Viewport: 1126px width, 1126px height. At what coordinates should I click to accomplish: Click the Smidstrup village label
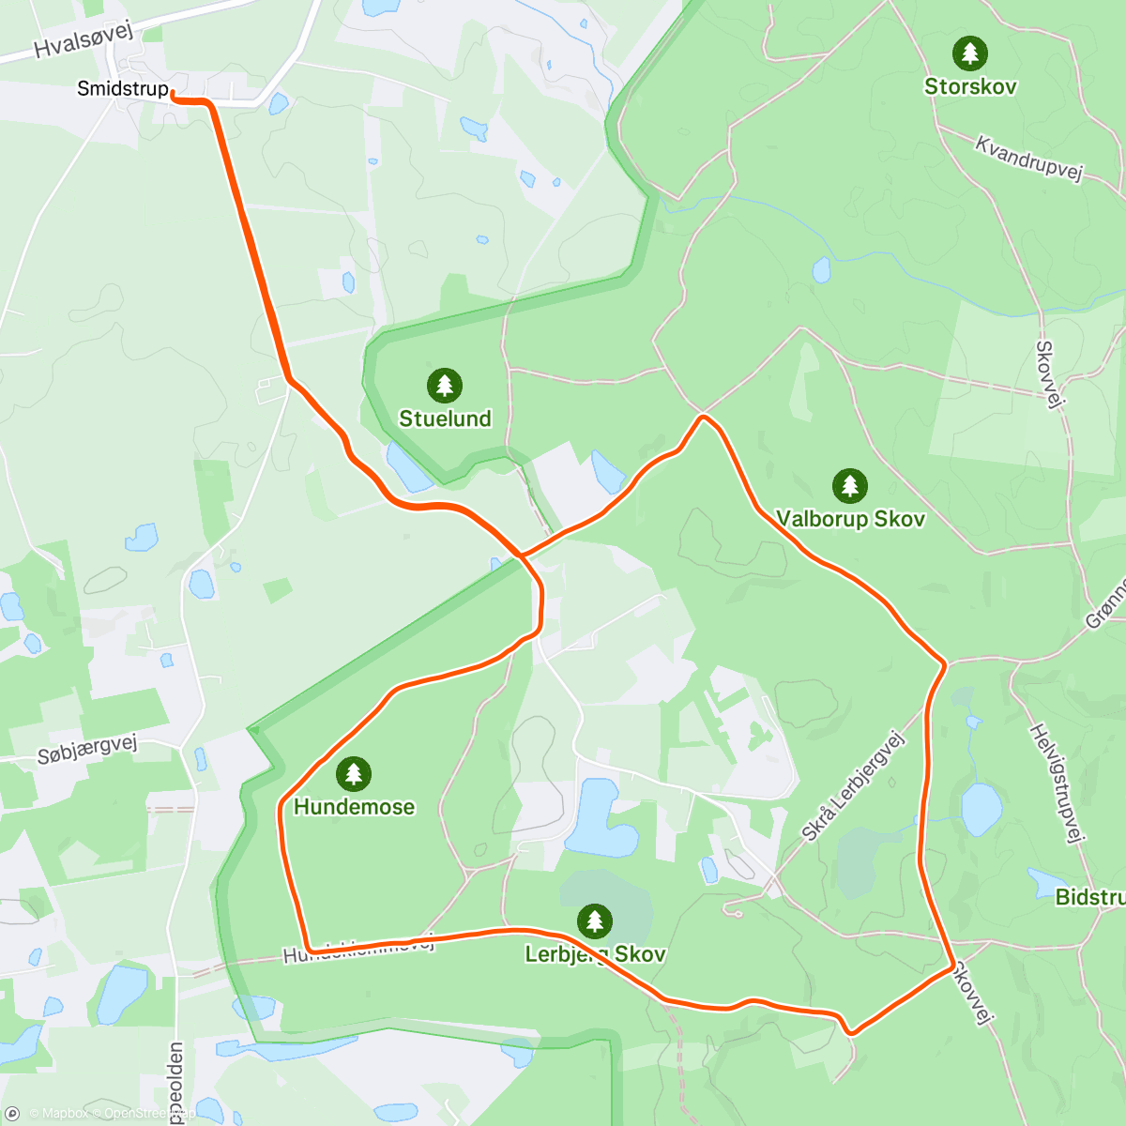pyautogui.click(x=123, y=89)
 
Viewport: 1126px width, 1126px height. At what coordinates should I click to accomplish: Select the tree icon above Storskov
pyautogui.click(x=969, y=53)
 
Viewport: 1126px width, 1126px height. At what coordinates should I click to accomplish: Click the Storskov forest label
pyautogui.click(x=970, y=86)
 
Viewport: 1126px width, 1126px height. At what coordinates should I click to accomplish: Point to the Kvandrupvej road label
pyautogui.click(x=1028, y=158)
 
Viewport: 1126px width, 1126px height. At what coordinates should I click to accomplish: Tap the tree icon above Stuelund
pyautogui.click(x=445, y=386)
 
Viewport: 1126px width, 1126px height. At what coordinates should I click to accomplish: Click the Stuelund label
pyautogui.click(x=445, y=418)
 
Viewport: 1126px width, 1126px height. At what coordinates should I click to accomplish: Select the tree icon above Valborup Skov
pyautogui.click(x=849, y=486)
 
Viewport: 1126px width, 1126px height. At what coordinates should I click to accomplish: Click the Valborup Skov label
pyautogui.click(x=850, y=519)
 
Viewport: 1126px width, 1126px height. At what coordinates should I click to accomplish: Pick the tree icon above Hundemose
pyautogui.click(x=353, y=774)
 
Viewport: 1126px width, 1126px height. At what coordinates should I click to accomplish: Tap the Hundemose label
pyautogui.click(x=354, y=807)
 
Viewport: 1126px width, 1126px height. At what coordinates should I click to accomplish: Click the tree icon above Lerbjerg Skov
pyautogui.click(x=594, y=921)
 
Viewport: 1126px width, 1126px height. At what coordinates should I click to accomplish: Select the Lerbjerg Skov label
pyautogui.click(x=595, y=954)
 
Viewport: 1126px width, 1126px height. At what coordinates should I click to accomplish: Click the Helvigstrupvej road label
pyautogui.click(x=1057, y=783)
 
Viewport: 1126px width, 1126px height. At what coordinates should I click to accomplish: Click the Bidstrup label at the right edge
pyautogui.click(x=1089, y=897)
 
